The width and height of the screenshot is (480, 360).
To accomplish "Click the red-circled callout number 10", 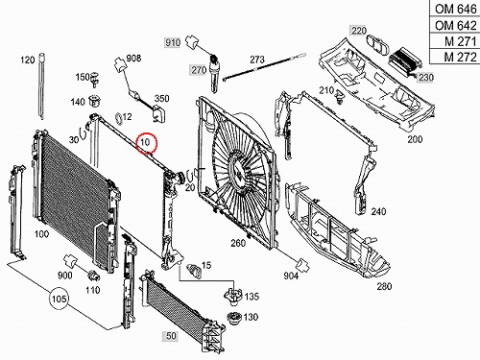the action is (x=146, y=142).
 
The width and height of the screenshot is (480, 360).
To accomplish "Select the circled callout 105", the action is (x=59, y=299).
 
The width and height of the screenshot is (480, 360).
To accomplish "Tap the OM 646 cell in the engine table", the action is (x=455, y=9).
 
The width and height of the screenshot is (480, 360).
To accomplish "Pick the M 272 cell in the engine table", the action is (x=455, y=57).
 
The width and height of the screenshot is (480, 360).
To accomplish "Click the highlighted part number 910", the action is (x=173, y=42).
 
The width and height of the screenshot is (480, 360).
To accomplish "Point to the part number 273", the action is (x=257, y=60).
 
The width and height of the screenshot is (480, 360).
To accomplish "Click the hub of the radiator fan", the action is (x=239, y=170).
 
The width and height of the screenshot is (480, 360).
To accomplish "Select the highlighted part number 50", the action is (x=171, y=336).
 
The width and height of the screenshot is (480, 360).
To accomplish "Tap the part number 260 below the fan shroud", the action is (x=238, y=243).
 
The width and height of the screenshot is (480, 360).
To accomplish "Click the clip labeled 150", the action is (x=94, y=80).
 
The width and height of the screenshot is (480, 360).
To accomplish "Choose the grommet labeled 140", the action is (x=94, y=101).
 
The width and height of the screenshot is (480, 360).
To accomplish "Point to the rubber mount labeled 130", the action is (x=235, y=318).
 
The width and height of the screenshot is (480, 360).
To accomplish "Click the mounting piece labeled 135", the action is (x=233, y=296).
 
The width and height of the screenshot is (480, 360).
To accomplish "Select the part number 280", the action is (x=384, y=286).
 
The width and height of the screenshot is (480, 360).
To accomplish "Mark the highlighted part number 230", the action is (x=426, y=77).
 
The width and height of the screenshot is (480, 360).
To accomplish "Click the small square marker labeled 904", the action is (x=302, y=265).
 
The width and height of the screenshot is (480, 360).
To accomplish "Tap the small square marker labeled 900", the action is (x=70, y=261).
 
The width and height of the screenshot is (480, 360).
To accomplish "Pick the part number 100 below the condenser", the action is (x=41, y=234).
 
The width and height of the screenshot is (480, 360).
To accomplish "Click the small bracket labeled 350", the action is (x=159, y=113).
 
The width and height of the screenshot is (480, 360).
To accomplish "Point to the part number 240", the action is (x=378, y=211).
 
